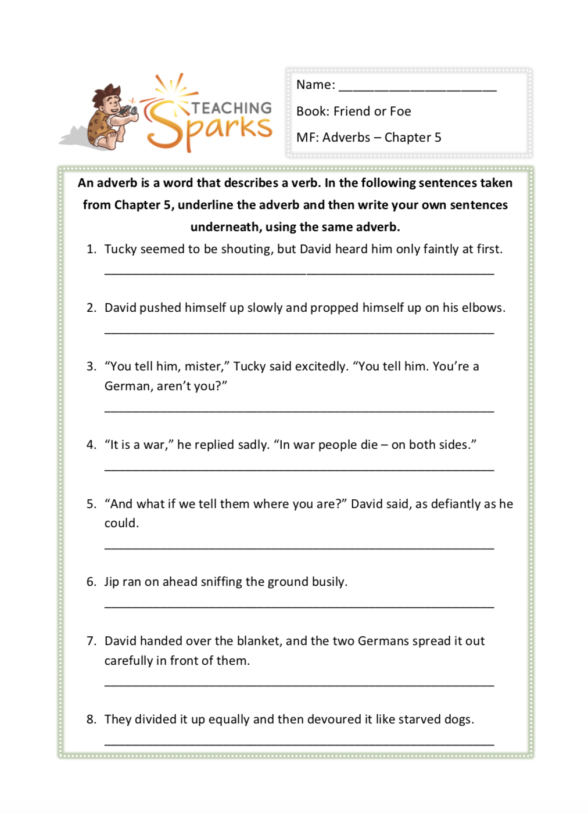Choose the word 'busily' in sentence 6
coord(329,582)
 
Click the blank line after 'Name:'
coord(417,87)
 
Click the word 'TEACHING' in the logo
coord(231,108)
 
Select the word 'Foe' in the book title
coord(400,111)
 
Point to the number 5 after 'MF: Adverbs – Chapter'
coord(438,138)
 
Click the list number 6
coord(91,582)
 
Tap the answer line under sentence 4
coord(299,468)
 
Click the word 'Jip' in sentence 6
coord(112,582)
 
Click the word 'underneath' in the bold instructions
coord(226,227)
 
